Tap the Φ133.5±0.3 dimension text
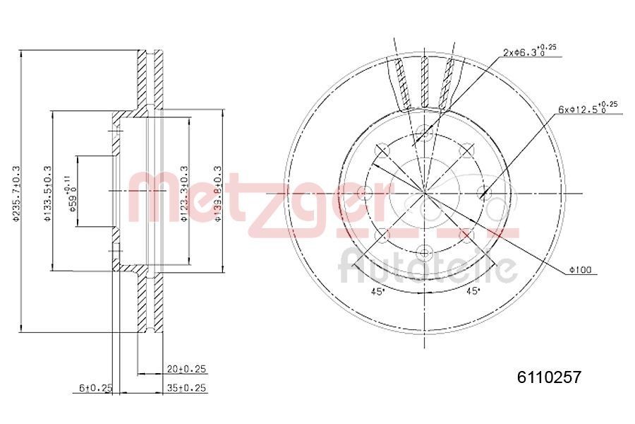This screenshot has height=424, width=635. (47, 192)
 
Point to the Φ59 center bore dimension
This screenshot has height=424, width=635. (71, 192)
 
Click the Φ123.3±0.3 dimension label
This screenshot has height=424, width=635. (183, 192)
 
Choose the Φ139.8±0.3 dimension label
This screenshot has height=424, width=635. (219, 192)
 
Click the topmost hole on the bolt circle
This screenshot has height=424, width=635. (423, 131)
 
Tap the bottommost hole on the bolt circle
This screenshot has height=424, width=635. (423, 252)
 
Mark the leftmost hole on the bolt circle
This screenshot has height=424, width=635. (363, 192)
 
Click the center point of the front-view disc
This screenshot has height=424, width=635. (423, 192)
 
